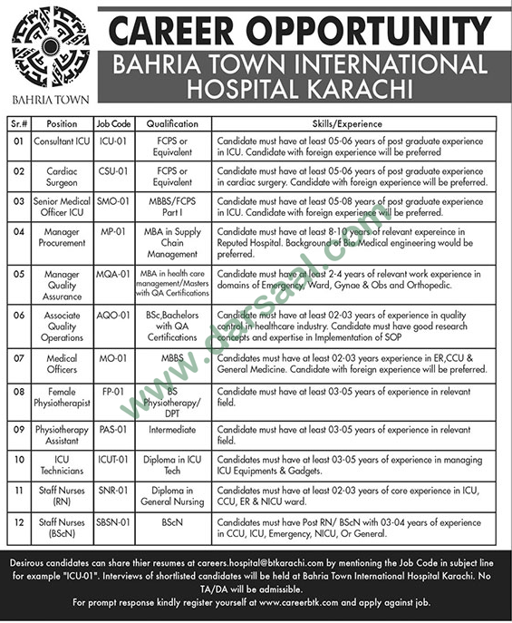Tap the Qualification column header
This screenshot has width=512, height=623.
pyautogui.click(x=172, y=122)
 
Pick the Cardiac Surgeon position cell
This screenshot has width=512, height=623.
pyautogui.click(x=63, y=175)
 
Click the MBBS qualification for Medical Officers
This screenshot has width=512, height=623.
pyautogui.click(x=172, y=358)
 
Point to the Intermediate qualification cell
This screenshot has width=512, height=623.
pyautogui.click(x=172, y=426)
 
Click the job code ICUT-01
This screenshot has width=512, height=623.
pyautogui.click(x=113, y=460)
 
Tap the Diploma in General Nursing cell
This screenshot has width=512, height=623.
pyautogui.click(x=172, y=495)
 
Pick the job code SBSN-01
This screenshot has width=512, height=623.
pyautogui.click(x=113, y=522)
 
